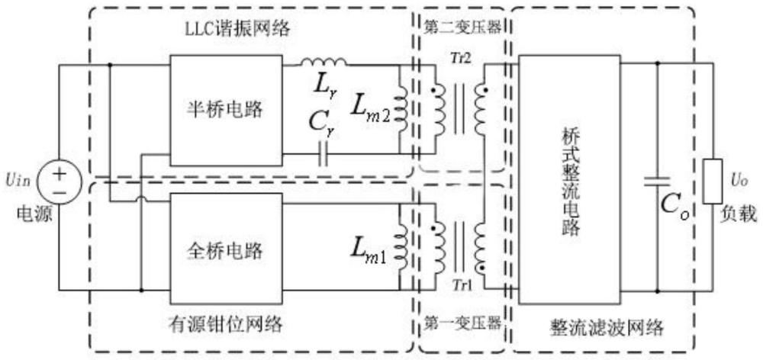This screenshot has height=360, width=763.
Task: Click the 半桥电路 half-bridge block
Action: [226, 108]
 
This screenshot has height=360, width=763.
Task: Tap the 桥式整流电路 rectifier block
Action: [568, 177]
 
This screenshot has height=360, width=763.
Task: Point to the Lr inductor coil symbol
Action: [324, 63]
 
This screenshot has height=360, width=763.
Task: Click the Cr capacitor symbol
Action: [325, 156]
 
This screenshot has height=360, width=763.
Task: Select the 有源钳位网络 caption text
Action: [236, 325]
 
